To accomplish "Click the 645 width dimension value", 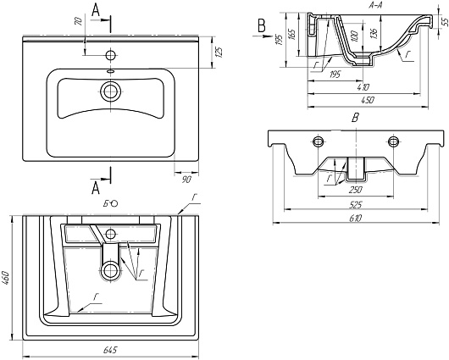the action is tap(110, 350).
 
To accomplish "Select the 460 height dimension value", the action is tap(6, 278).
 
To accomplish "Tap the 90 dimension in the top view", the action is tap(186, 180).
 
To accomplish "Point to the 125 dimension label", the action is tap(219, 52).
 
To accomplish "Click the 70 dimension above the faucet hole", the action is tap(79, 21).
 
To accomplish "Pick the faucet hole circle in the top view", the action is tap(110, 55).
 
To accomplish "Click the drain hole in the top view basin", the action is tap(110, 91).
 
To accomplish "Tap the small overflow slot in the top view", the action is tap(110, 71).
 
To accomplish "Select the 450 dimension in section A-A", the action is tap(368, 100).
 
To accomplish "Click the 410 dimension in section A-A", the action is tap(363, 86).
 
